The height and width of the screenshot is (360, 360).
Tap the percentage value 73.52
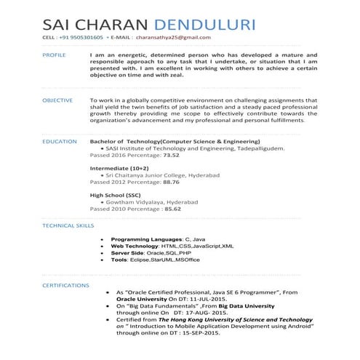click(172, 155)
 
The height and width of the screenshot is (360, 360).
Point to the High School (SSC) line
click(116, 195)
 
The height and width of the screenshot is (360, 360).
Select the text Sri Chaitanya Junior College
click(156, 175)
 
